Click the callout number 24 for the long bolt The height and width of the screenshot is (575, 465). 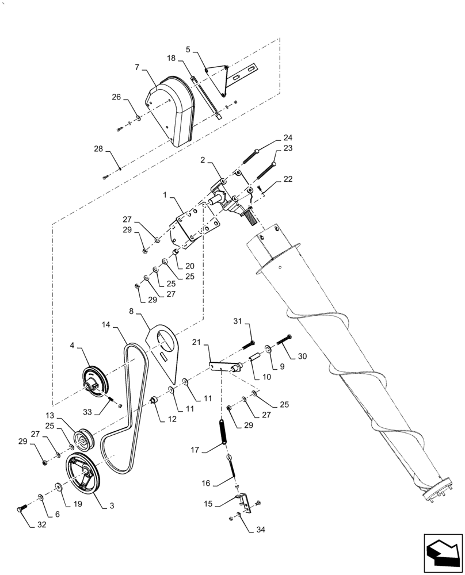[288, 138]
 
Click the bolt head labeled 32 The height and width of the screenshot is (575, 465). [22, 509]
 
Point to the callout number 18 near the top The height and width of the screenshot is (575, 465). [171, 59]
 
